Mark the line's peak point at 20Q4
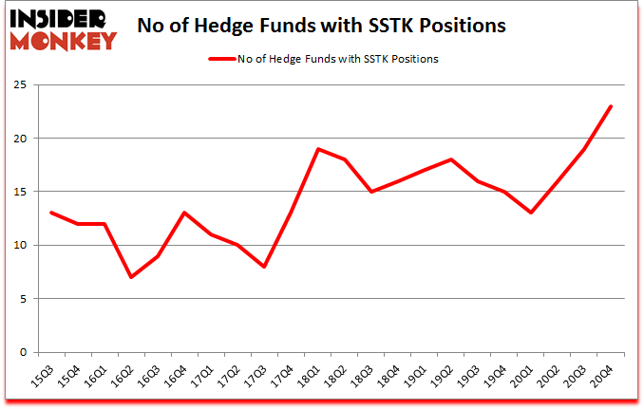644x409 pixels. [x=611, y=106]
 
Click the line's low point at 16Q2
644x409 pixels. [x=130, y=277]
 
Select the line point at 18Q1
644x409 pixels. [x=317, y=149]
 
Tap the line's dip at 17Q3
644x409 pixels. [x=264, y=267]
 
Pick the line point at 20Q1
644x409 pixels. [x=531, y=213]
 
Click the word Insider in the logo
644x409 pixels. [x=60, y=17]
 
